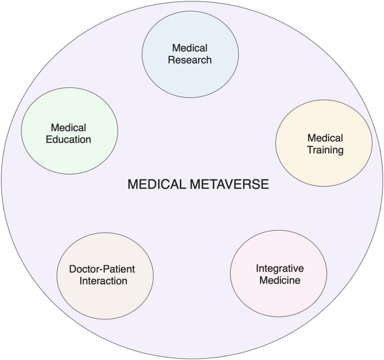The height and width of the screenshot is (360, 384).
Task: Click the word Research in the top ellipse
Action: click(x=190, y=59)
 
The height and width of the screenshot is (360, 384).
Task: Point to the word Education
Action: click(x=70, y=140)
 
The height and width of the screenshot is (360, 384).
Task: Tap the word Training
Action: click(x=325, y=150)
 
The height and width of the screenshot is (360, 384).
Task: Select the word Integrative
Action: click(x=279, y=268)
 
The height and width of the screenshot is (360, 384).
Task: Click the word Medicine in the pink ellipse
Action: click(x=279, y=280)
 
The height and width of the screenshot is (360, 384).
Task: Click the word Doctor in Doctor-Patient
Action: click(x=84, y=269)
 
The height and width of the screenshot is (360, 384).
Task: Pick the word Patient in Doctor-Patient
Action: click(x=119, y=269)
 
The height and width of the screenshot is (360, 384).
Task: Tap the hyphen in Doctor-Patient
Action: click(x=101, y=270)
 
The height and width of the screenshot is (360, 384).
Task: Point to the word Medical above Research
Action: click(x=190, y=48)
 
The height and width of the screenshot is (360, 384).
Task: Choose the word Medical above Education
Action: click(x=68, y=128)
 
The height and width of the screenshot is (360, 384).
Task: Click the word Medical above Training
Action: click(x=325, y=138)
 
